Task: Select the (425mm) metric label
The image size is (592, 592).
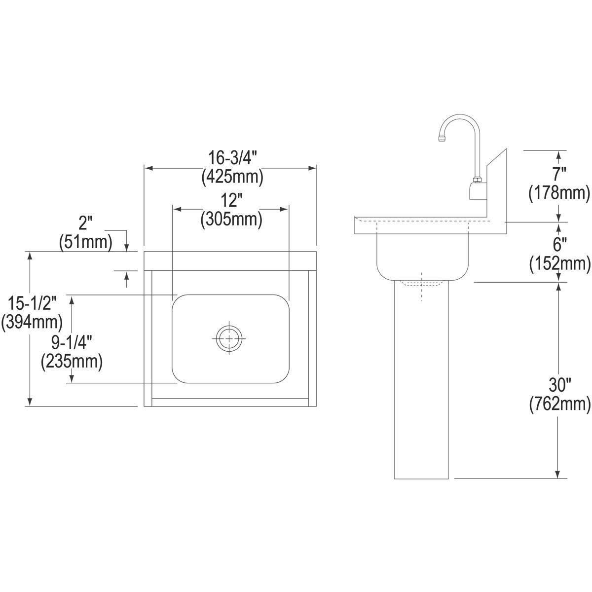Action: pyautogui.click(x=232, y=177)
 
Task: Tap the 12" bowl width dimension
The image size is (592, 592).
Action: pyautogui.click(x=231, y=201)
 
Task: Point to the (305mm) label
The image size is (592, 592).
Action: pyautogui.click(x=231, y=220)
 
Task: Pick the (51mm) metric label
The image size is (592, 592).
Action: pyautogui.click(x=86, y=242)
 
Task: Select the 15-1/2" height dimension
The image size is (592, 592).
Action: pyautogui.click(x=32, y=303)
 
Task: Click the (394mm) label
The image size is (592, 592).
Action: pyautogui.click(x=32, y=322)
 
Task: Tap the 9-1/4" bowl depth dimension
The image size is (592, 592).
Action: pyautogui.click(x=72, y=343)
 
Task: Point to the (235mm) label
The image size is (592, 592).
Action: pyautogui.click(x=72, y=362)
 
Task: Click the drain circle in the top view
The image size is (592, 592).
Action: pyautogui.click(x=229, y=338)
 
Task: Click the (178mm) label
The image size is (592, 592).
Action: pyautogui.click(x=559, y=193)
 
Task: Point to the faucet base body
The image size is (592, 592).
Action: pyautogui.click(x=477, y=191)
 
